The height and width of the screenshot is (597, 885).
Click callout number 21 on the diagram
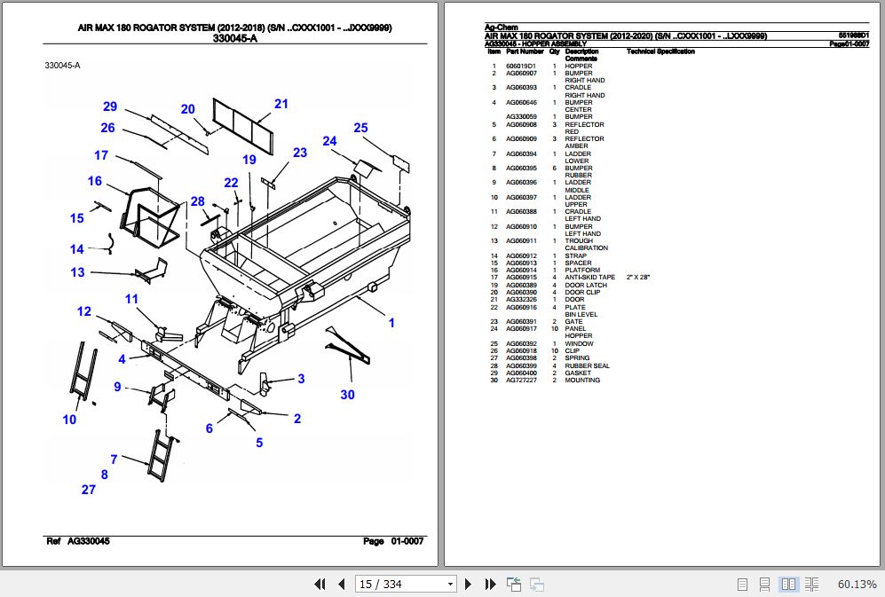pos(281,104)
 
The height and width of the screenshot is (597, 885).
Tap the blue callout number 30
pos(347,395)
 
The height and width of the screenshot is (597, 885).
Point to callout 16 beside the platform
pos(95,181)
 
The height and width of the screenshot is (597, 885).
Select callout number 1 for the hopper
pos(391,323)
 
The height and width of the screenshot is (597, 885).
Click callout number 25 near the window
pos(360,128)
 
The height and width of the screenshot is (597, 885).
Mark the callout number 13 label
pos(78,272)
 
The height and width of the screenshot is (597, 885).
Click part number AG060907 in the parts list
pos(521,74)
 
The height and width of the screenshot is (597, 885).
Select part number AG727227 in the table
pos(521,381)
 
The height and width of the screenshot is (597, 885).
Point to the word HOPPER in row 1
pos(578,67)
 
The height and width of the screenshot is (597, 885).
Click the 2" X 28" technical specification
pos(638,278)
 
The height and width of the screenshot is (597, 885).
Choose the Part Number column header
pos(525,51)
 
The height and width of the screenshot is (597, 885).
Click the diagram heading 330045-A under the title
pos(235,38)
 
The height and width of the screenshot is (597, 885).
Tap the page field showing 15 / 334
pos(399,584)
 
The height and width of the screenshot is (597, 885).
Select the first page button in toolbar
pos(320,584)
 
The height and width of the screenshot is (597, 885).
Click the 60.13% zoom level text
pos(857,584)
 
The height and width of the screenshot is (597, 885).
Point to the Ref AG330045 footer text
pos(77,541)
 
